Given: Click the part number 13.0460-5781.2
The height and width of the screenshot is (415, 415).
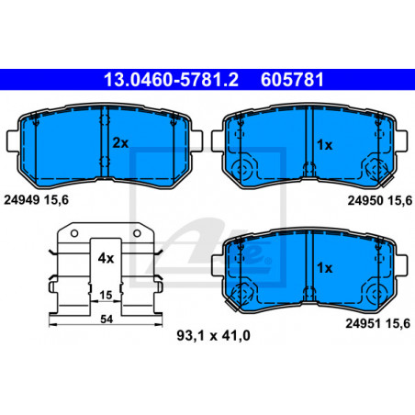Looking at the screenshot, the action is click(171, 80).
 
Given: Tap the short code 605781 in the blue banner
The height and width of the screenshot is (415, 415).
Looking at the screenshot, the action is click(292, 80).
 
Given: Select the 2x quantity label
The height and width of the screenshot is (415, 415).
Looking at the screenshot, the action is click(120, 143).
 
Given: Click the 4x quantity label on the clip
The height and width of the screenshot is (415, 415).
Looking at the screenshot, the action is click(106, 258).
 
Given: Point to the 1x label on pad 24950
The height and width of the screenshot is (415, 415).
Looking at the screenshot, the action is click(325, 145).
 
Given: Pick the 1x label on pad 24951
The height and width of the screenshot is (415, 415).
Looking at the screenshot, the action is click(325, 268).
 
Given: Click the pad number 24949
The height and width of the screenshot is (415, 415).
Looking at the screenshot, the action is click(22, 200).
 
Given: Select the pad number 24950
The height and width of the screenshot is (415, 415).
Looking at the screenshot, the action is click(365, 200).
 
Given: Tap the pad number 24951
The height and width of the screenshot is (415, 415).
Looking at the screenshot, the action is click(364, 323).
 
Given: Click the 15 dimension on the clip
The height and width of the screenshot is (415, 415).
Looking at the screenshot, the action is click(106, 295).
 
